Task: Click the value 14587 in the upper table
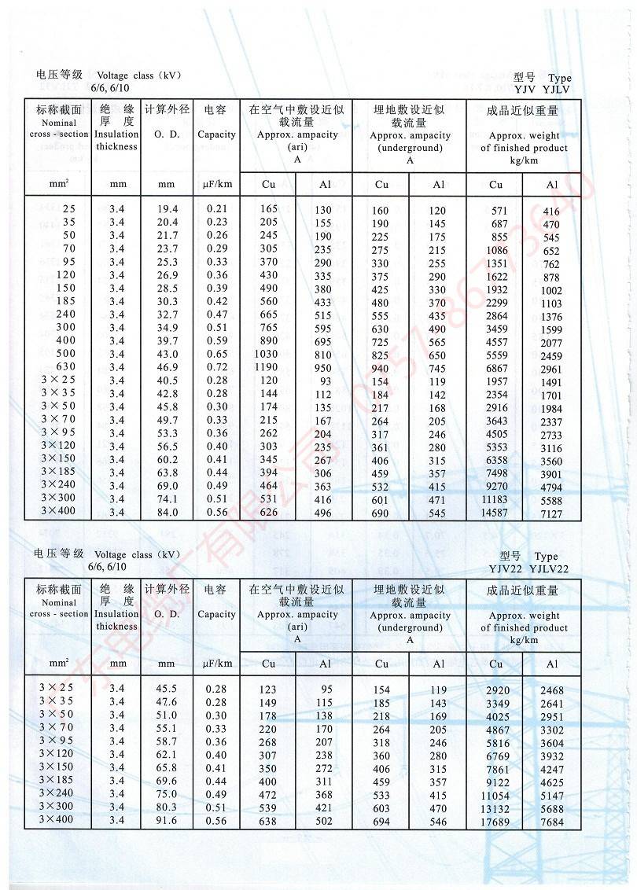tap(495, 513)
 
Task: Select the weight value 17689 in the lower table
tap(495, 822)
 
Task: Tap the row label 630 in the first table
tap(64, 367)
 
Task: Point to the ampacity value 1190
tap(269, 367)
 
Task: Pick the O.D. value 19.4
tap(167, 209)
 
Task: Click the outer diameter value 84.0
tap(167, 513)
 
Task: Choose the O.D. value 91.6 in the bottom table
tap(167, 822)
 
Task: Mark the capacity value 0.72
tap(216, 367)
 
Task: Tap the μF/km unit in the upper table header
tap(216, 185)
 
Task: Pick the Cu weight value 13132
tap(495, 809)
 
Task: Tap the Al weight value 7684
tap(552, 822)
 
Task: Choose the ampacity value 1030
tap(269, 355)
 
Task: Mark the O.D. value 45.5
tap(167, 690)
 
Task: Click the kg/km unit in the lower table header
tap(524, 640)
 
